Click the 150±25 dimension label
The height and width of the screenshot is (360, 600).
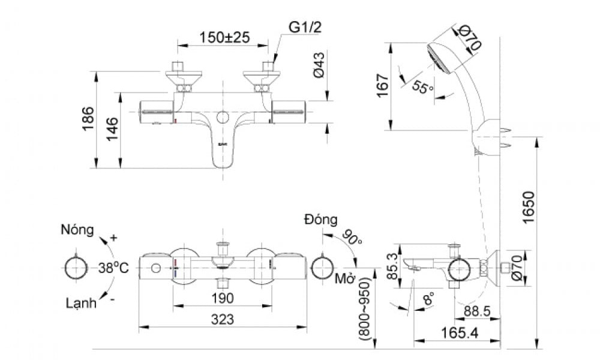(x=223, y=37)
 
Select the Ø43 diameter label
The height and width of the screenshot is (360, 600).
(x=319, y=64)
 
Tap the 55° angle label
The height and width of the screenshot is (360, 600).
(x=422, y=88)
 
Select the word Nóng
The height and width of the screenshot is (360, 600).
(x=77, y=230)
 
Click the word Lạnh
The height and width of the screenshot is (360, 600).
(x=81, y=303)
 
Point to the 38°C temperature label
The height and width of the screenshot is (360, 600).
(x=113, y=268)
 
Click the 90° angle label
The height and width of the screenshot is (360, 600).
(x=353, y=237)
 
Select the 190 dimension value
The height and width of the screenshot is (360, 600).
(x=222, y=298)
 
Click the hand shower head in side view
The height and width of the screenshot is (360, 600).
(x=445, y=57)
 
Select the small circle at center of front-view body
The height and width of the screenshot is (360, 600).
(x=223, y=118)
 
